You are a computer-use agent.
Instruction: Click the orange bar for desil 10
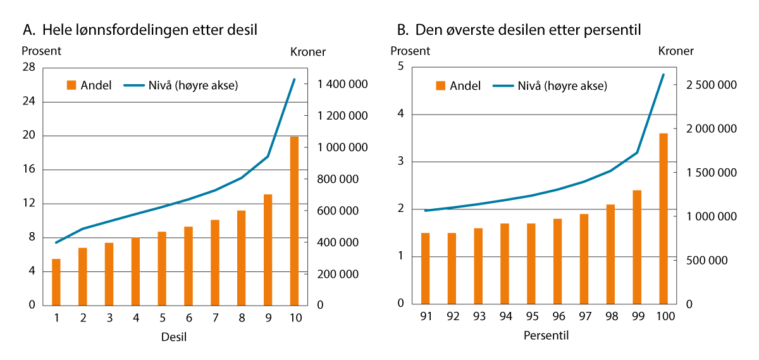click(294, 221)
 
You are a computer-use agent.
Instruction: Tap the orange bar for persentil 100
click(663, 219)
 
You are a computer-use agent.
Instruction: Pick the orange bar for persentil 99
click(637, 247)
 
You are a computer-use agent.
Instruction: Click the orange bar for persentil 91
click(426, 269)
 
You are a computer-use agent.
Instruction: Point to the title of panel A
click(140, 29)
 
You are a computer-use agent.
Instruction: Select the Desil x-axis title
click(174, 337)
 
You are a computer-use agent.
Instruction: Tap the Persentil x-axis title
click(546, 336)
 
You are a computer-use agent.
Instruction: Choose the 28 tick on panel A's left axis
click(30, 68)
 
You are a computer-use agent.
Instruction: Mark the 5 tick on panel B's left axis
click(400, 67)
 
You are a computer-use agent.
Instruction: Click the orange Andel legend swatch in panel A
click(71, 85)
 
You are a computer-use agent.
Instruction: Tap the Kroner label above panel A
click(307, 51)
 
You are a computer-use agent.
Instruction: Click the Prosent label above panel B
click(410, 51)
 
